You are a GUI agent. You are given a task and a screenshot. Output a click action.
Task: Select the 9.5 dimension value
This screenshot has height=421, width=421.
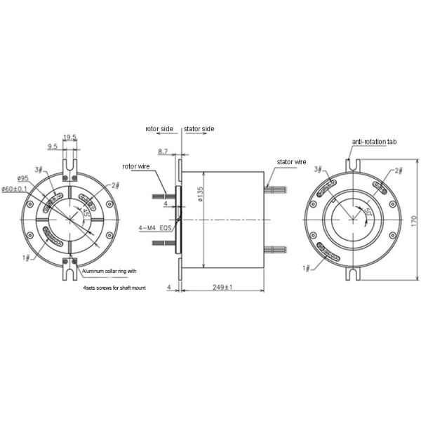53,147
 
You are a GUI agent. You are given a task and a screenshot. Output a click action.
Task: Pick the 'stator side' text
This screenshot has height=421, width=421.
199,129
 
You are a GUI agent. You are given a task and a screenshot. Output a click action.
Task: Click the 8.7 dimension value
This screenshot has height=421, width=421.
163,151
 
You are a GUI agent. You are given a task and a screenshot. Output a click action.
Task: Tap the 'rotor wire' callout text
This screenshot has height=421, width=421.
138,166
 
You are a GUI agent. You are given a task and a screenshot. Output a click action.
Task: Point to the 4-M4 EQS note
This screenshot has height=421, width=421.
156,228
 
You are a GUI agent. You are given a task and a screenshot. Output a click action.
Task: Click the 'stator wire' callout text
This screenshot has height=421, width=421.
292,162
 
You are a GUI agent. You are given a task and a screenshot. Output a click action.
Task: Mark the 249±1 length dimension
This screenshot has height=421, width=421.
222,288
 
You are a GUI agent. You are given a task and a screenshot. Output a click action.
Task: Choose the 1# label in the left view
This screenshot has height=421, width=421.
26,258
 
